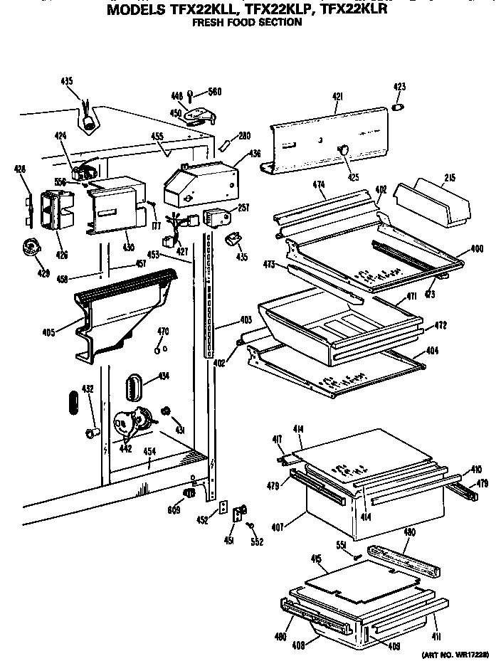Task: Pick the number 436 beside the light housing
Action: (x=255, y=153)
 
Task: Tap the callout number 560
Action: (x=215, y=91)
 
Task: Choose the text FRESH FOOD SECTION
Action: (x=248, y=22)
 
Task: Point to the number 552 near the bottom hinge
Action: (x=257, y=541)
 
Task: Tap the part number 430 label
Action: (x=129, y=247)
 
